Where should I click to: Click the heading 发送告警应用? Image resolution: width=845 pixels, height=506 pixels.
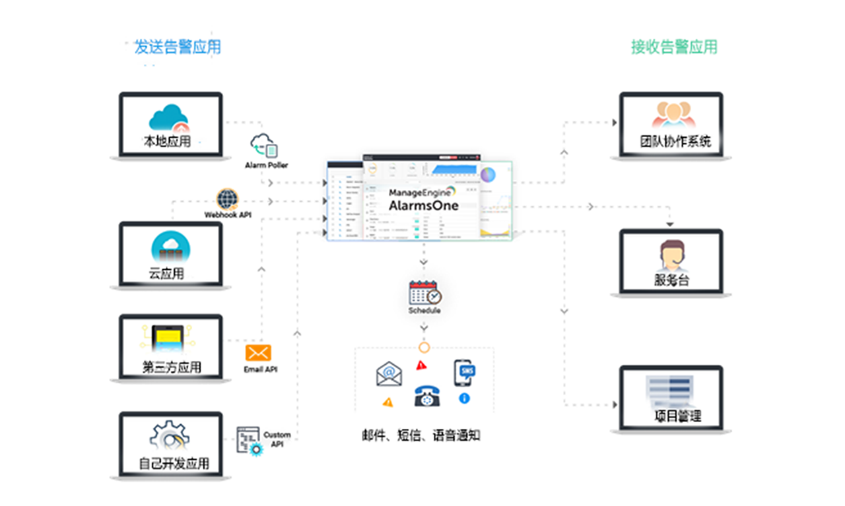tap(178, 47)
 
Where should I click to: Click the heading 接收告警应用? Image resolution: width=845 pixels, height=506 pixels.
tap(674, 47)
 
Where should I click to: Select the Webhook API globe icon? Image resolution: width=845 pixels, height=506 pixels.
tap(227, 199)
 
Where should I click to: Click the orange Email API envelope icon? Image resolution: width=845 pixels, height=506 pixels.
tap(258, 353)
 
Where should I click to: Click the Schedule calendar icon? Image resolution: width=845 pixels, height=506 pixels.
tap(424, 293)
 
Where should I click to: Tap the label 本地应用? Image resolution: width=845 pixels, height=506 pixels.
tap(167, 141)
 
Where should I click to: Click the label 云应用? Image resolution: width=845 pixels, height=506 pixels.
tap(166, 273)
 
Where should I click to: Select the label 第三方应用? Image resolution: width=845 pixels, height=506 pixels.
tap(172, 367)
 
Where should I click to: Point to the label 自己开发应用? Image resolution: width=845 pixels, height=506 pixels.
tap(174, 464)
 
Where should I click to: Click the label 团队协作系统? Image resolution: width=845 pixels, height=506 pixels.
tap(675, 141)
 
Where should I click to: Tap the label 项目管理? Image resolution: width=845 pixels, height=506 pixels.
tap(677, 416)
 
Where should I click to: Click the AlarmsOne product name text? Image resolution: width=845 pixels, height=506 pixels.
tap(423, 205)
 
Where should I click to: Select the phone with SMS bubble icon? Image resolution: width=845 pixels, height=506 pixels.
tap(464, 373)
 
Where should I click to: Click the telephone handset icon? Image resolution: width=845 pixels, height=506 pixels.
tap(428, 396)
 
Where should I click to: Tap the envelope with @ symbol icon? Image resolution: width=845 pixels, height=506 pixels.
tap(389, 373)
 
